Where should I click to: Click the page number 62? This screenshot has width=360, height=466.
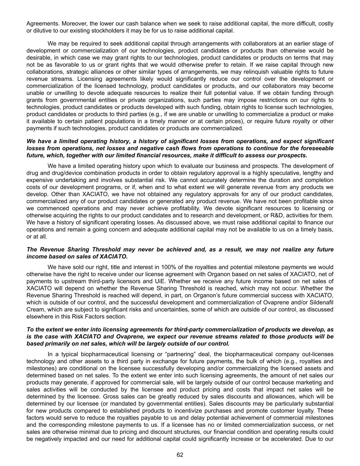tap(180, 455)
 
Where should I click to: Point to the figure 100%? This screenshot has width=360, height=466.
tap(145, 267)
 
